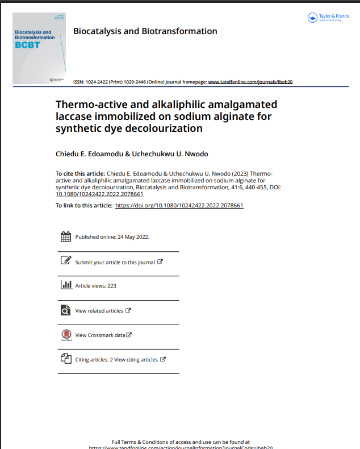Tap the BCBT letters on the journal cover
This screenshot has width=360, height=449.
(28, 45)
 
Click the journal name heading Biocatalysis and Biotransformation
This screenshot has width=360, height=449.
(145, 31)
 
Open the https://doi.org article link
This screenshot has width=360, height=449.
(179, 205)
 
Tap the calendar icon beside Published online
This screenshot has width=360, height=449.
(65, 237)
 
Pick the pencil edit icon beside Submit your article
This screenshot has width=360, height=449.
(66, 261)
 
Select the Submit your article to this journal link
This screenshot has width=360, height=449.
(115, 262)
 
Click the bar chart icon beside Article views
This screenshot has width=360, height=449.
(66, 285)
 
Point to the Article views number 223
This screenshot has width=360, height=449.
(111, 286)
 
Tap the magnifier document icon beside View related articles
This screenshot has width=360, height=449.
(66, 310)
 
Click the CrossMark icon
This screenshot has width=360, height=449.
(66, 335)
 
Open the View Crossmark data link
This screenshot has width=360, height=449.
(100, 335)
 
